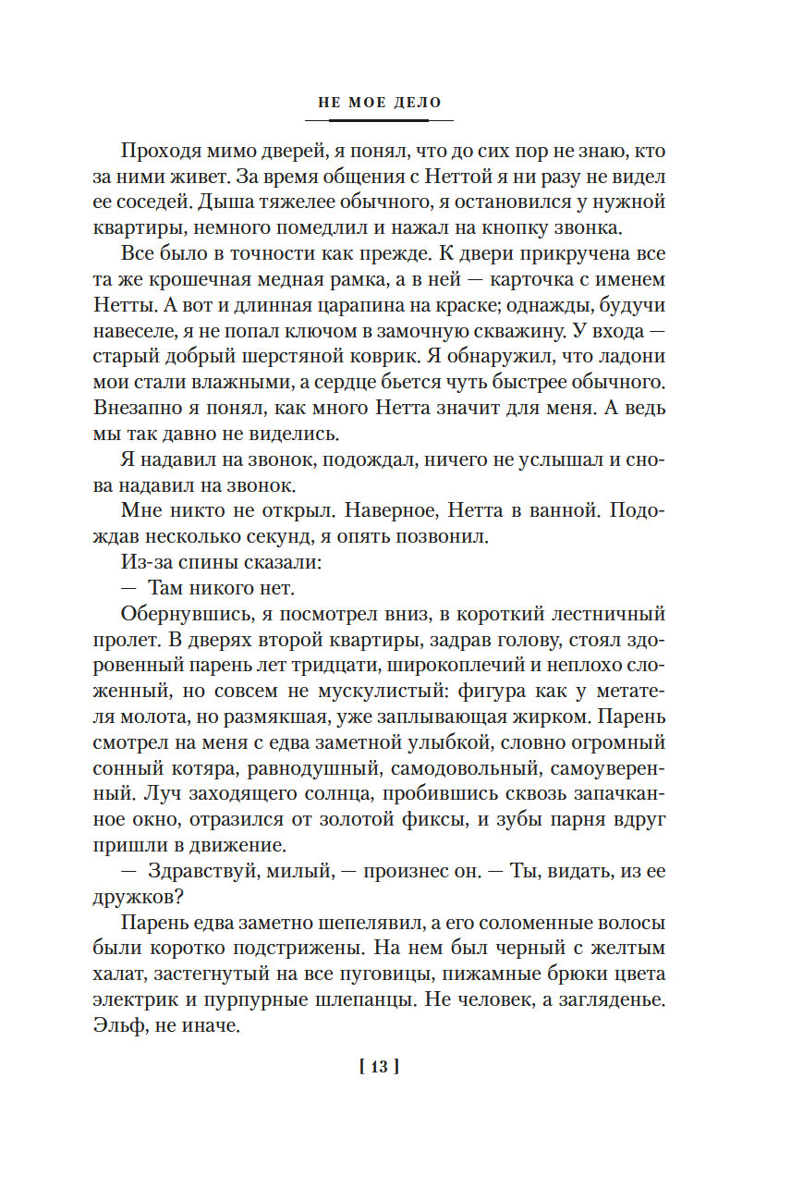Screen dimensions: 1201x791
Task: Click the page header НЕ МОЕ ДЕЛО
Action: [x=380, y=103]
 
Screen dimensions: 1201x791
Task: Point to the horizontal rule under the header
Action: [x=380, y=120]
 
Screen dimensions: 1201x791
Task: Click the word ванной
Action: [x=566, y=509]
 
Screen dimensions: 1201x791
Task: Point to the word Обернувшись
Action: [x=176, y=613]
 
